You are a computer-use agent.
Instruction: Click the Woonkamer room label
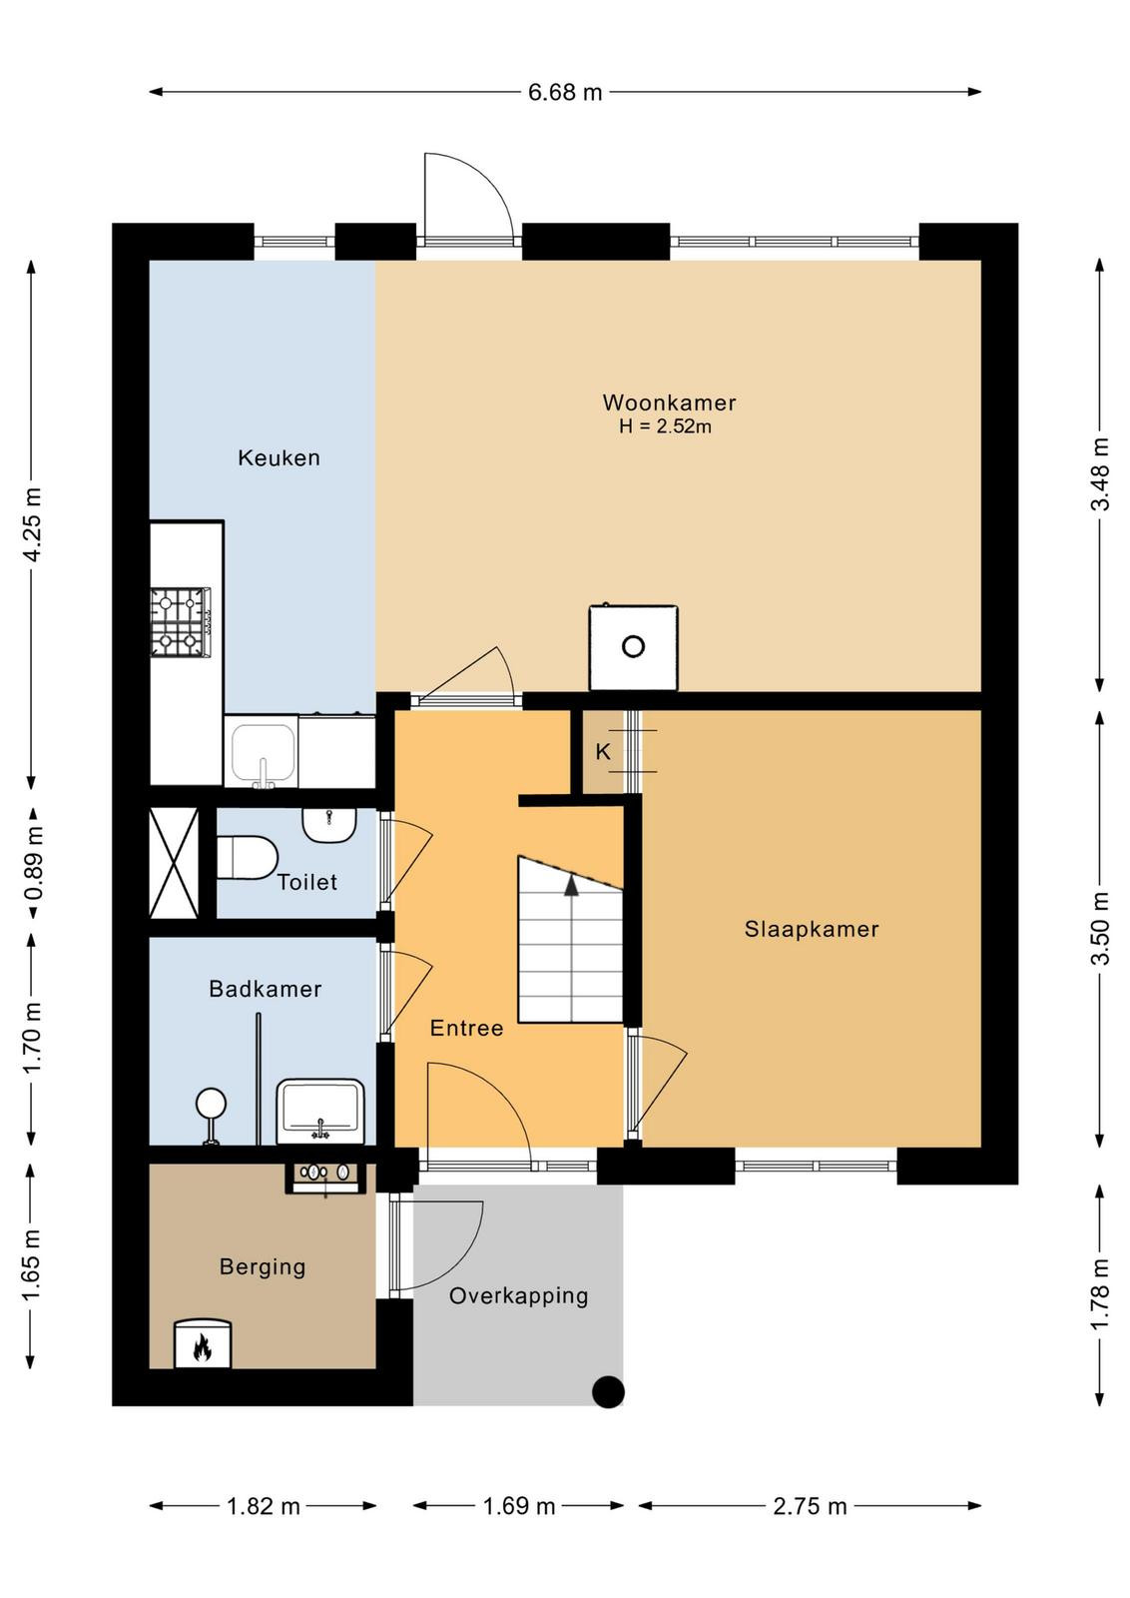point(669,402)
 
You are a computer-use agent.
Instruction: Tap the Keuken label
point(279,457)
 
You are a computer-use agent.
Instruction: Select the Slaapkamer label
point(812,929)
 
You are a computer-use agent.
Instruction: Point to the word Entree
point(466,1028)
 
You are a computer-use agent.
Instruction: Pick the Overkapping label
point(518,1296)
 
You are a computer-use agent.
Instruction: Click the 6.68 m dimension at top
point(565,92)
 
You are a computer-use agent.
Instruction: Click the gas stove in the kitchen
point(181,621)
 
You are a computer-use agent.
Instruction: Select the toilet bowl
point(247,858)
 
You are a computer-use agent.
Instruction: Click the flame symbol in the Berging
point(203,1345)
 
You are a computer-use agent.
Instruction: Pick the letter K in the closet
point(603,751)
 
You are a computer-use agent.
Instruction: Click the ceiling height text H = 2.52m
point(665,426)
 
